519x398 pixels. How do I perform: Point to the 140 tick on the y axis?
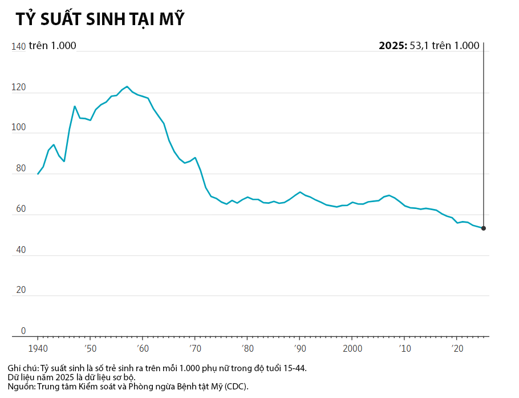(18, 47)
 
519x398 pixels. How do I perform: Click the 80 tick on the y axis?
(21, 169)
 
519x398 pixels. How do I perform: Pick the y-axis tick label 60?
(21, 210)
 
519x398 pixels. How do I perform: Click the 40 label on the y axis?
(21, 250)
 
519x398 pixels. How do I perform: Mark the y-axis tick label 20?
(21, 291)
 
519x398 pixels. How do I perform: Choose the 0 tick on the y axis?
(23, 331)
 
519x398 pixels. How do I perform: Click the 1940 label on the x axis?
(38, 347)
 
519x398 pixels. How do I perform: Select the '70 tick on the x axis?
(194, 347)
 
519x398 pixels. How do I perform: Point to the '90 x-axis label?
(299, 347)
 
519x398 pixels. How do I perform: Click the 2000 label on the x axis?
(352, 347)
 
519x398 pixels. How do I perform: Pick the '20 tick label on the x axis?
(456, 347)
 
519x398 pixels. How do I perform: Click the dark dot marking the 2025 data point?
(484, 228)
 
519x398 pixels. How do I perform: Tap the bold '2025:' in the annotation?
(393, 46)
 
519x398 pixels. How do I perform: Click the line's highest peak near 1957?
(127, 87)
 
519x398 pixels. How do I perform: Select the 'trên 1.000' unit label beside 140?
(52, 46)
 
